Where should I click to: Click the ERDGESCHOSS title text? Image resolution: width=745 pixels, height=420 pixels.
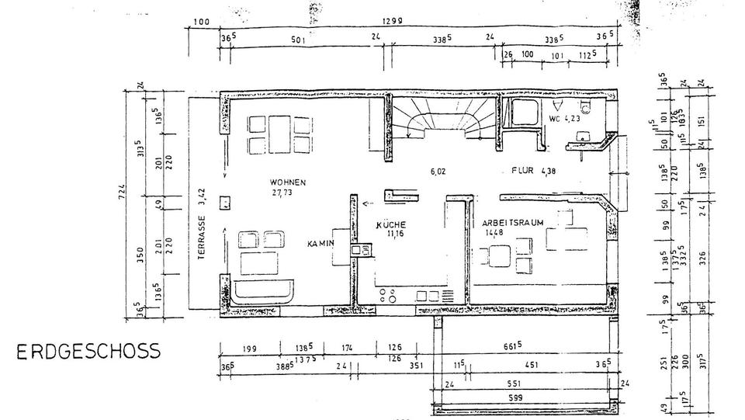click(89, 351)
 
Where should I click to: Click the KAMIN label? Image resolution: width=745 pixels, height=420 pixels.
click(320, 244)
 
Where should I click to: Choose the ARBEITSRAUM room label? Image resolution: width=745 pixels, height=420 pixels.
click(510, 222)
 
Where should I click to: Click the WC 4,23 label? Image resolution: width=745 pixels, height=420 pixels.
click(565, 120)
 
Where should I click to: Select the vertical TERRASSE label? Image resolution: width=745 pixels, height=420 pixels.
click(201, 241)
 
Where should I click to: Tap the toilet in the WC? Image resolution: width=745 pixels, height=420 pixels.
click(588, 109)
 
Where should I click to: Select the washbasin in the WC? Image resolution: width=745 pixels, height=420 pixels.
click(578, 137)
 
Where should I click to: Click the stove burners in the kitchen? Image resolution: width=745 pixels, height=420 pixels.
click(389, 294)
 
